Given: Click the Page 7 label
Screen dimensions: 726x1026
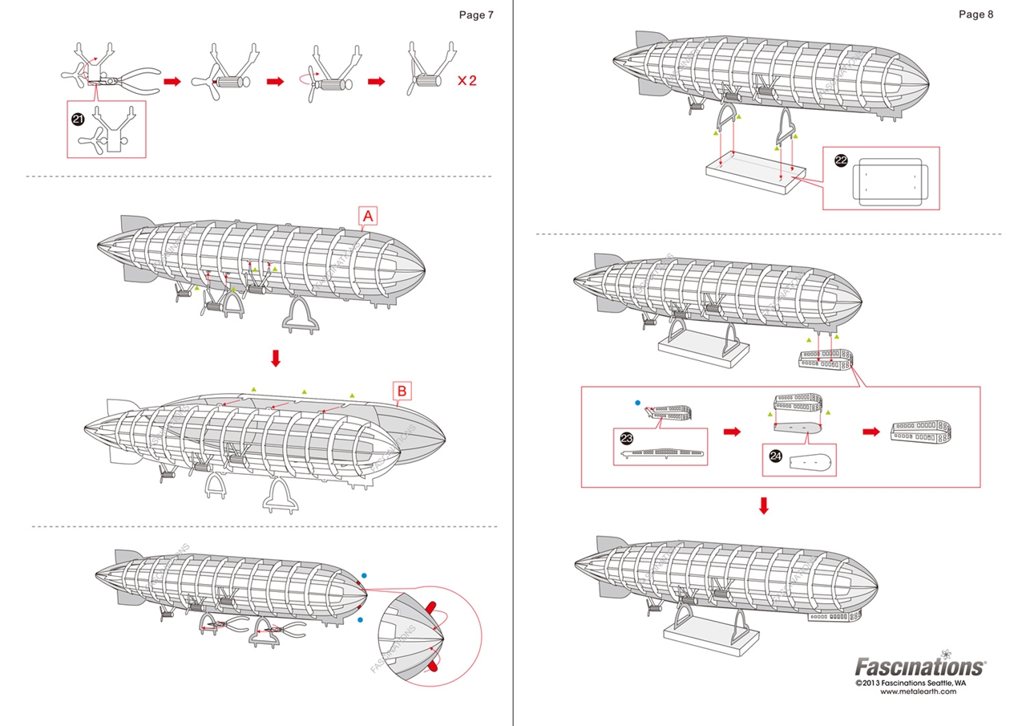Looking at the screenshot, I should [x=476, y=14].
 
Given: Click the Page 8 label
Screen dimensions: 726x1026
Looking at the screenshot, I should [x=976, y=14].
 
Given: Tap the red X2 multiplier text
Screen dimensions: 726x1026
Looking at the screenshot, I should [x=467, y=81].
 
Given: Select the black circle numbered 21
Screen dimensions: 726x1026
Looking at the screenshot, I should [x=78, y=119].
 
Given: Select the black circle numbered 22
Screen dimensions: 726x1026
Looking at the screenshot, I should [x=841, y=160].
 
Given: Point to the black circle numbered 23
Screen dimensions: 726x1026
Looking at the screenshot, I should [x=627, y=437].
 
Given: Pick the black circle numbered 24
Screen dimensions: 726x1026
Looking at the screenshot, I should [x=775, y=456].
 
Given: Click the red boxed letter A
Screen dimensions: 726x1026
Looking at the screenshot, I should [x=368, y=216].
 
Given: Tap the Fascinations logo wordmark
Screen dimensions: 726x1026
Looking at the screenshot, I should [x=920, y=667].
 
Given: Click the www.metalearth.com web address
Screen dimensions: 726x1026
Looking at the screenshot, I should [x=918, y=692].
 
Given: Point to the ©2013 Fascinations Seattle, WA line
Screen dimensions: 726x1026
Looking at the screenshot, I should [x=911, y=683].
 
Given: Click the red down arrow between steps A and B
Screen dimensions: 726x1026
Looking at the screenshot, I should [x=276, y=358].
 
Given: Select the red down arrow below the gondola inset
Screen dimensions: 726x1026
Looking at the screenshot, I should [x=764, y=505].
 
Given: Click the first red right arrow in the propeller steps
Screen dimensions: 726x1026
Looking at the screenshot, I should [x=172, y=81].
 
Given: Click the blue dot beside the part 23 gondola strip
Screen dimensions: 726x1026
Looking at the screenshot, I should [x=637, y=403].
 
